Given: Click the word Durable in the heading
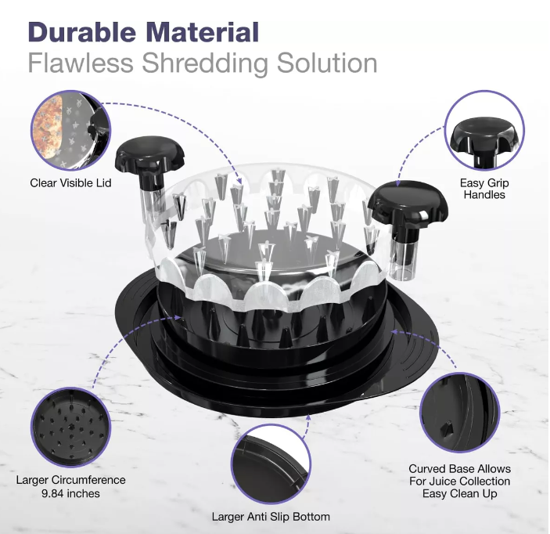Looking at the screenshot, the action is click(82, 32).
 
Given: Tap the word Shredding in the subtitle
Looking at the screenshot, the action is click(205, 63).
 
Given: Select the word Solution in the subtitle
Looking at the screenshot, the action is click(327, 63).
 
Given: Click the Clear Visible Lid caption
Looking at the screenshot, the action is click(70, 183).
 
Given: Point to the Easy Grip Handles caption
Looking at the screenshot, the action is click(484, 189).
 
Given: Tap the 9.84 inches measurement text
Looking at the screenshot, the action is click(70, 493).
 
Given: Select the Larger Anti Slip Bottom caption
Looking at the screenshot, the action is click(271, 517).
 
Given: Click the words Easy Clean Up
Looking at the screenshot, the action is click(459, 493).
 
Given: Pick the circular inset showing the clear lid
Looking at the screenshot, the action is click(70, 131).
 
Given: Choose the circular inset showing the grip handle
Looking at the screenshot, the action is click(484, 131).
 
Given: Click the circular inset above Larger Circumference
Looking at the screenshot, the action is click(70, 428).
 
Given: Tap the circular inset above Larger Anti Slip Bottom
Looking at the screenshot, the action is click(271, 464).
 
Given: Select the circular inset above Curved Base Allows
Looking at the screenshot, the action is click(459, 413).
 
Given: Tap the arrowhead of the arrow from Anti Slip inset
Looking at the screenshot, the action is click(308, 417).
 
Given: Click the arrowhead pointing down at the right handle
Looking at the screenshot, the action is click(398, 182).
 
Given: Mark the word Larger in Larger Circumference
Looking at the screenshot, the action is click(32, 480).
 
